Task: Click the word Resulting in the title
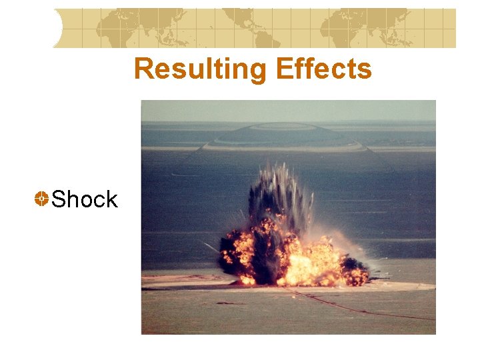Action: pyautogui.click(x=189, y=69)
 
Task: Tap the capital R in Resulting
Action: pyautogui.click(x=142, y=69)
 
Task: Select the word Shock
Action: pyautogui.click(x=84, y=199)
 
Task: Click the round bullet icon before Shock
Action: pyautogui.click(x=41, y=199)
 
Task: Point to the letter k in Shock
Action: pyautogui.click(x=111, y=199)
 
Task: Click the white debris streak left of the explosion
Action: pyautogui.click(x=212, y=247)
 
